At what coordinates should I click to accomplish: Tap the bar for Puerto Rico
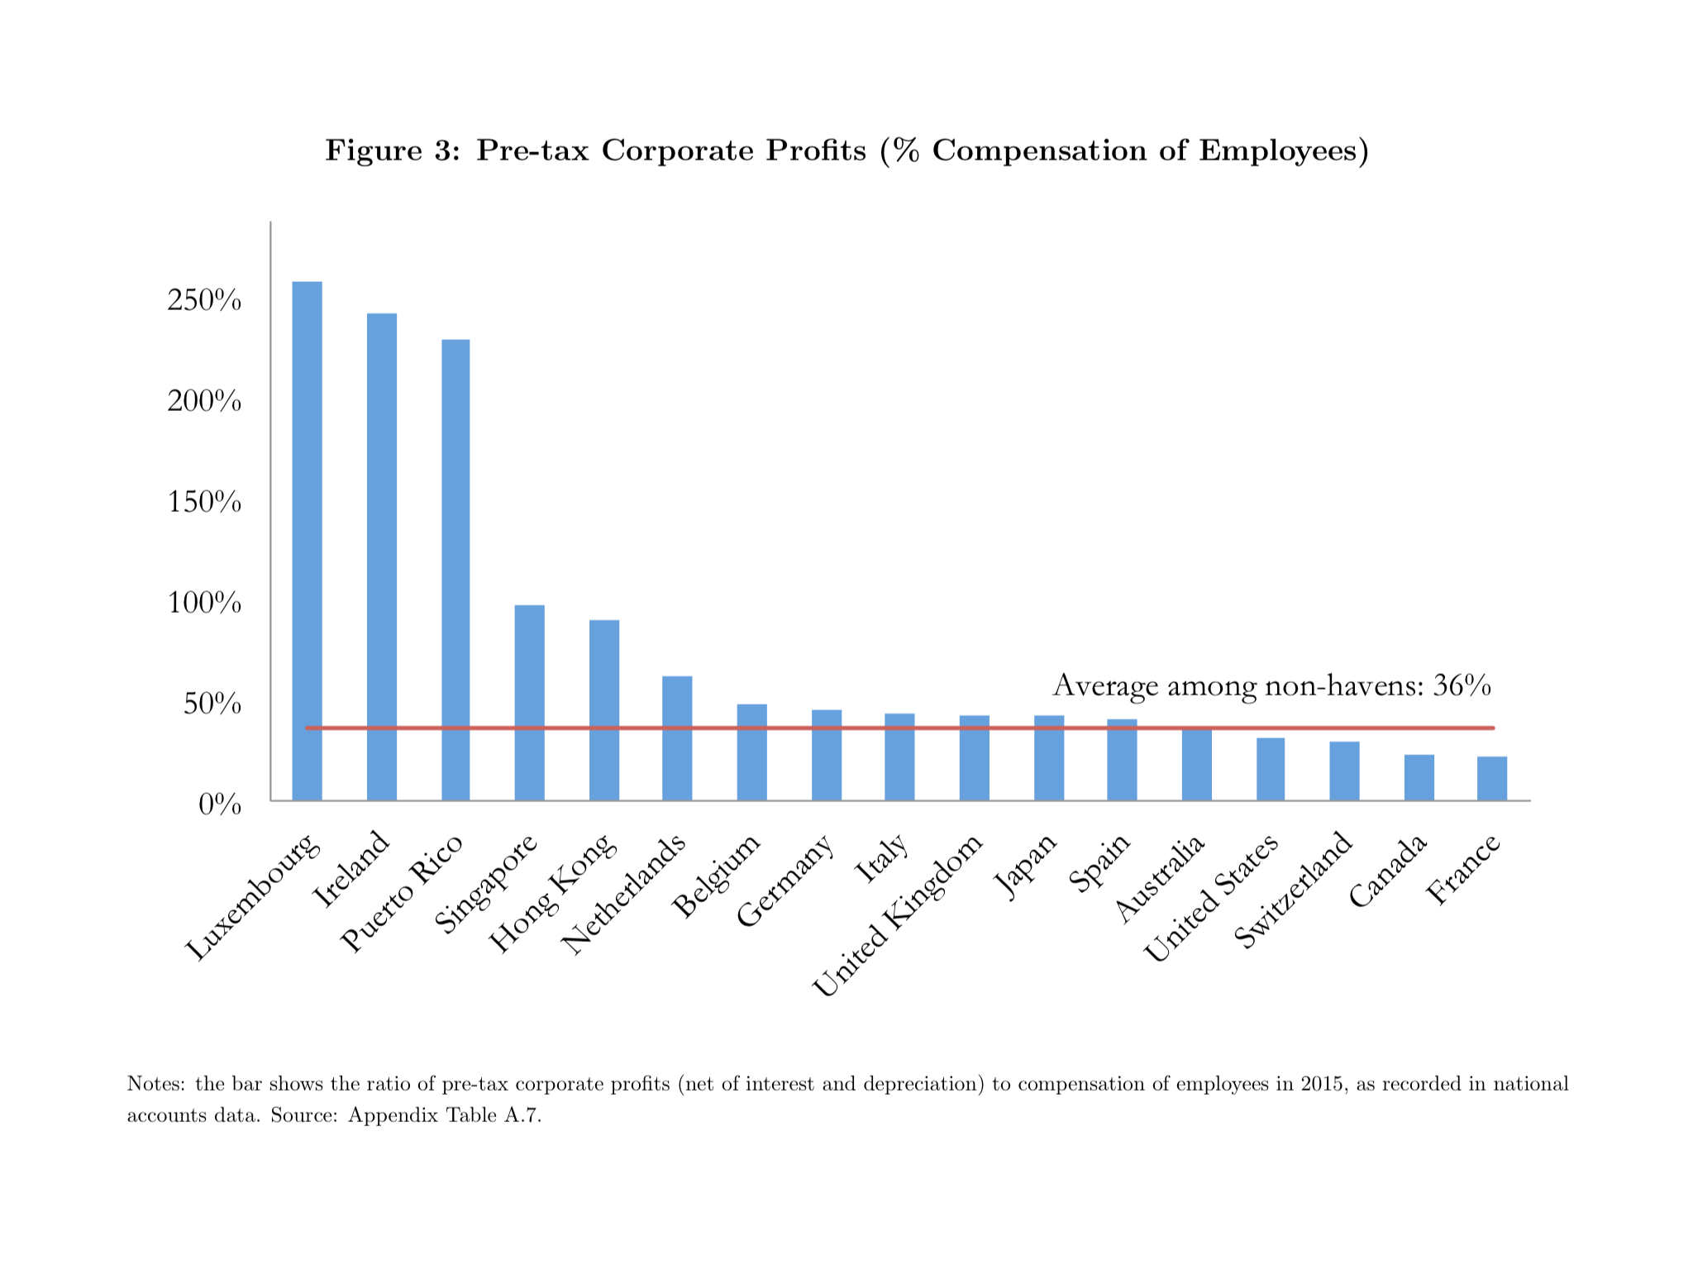455,570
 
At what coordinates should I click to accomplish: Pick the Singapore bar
529,703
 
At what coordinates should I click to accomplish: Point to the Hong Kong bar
603,710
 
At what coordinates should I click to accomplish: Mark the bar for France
1491,778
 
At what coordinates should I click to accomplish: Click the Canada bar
1419,777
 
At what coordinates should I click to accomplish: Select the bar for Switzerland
1344,771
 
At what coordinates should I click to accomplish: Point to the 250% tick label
204,301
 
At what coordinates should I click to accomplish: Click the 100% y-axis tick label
204,604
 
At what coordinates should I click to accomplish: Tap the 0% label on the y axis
220,804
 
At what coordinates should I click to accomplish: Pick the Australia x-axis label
1159,878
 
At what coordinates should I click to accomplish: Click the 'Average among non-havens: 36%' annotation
1271,685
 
